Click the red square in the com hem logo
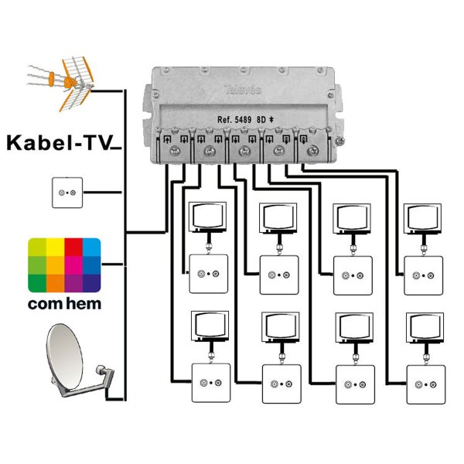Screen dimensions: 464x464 [73, 247]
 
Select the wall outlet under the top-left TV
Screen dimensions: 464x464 [208, 274]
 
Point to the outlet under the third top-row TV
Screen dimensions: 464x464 [353, 275]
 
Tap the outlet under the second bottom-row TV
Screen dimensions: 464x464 [282, 383]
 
